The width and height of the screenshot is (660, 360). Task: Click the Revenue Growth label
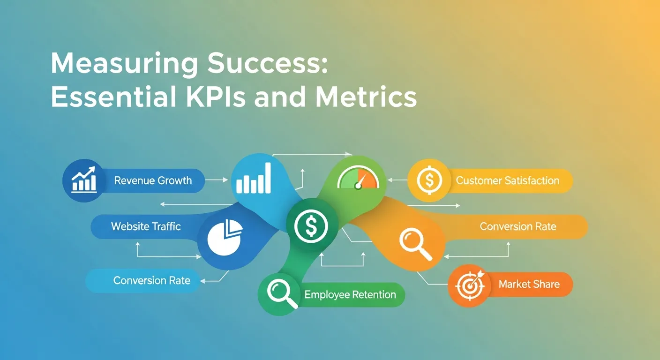(153, 180)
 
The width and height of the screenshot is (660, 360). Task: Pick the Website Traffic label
(146, 226)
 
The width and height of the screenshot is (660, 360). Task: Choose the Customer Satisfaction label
(507, 180)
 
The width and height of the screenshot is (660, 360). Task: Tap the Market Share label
(529, 284)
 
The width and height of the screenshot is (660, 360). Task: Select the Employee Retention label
(350, 294)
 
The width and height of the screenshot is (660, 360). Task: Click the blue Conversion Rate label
(151, 280)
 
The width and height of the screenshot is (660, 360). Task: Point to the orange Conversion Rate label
(517, 226)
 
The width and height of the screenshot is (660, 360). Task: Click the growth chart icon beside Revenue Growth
(84, 180)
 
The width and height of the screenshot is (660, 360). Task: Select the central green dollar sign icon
(311, 226)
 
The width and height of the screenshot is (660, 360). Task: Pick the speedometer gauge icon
(358, 178)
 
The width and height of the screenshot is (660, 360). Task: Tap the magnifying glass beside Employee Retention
(282, 293)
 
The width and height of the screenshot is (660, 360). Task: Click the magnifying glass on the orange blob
(415, 245)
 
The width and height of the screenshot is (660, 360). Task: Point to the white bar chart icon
(254, 178)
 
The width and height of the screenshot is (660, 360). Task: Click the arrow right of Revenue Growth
(217, 180)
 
